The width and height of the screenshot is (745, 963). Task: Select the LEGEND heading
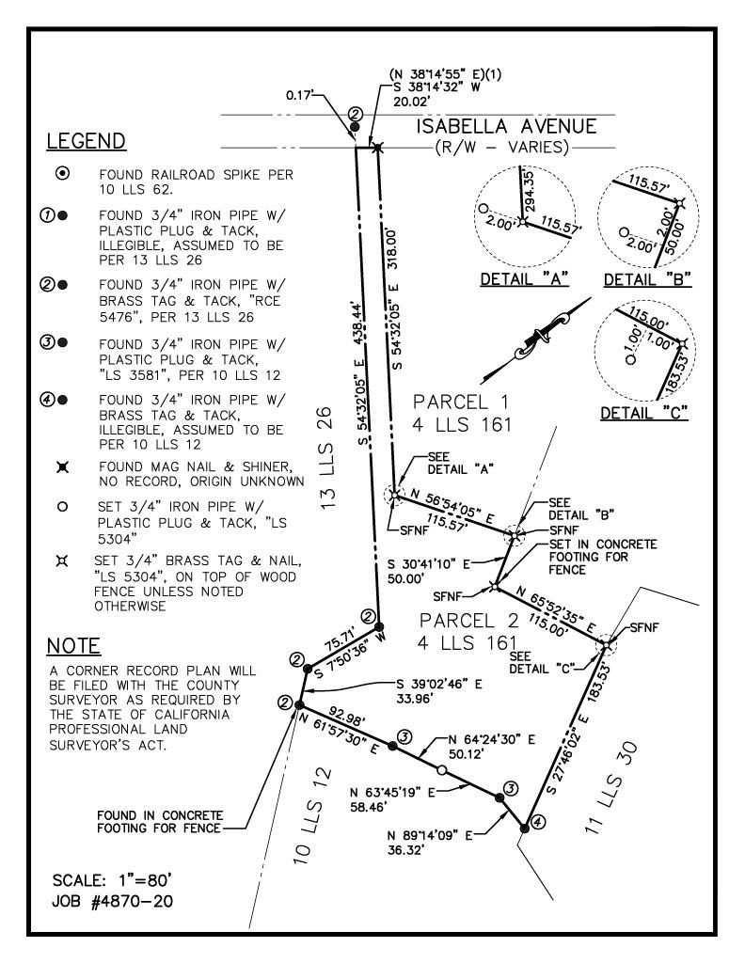86,141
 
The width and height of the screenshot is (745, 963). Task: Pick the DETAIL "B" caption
647,279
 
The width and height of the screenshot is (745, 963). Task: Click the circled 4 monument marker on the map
537,822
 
